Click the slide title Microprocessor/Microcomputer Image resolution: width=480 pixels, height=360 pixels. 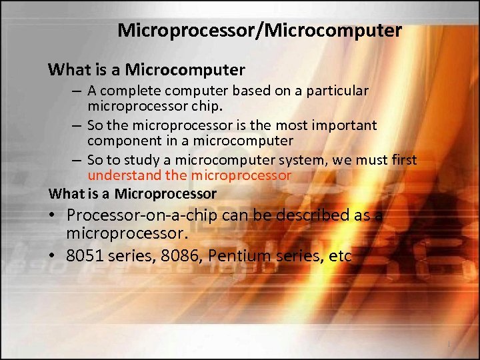tap(259, 31)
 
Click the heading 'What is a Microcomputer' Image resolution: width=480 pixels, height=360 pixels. tap(147, 69)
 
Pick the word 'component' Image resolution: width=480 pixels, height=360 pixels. tap(119, 141)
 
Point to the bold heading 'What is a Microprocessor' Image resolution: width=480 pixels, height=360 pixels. tap(133, 194)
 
